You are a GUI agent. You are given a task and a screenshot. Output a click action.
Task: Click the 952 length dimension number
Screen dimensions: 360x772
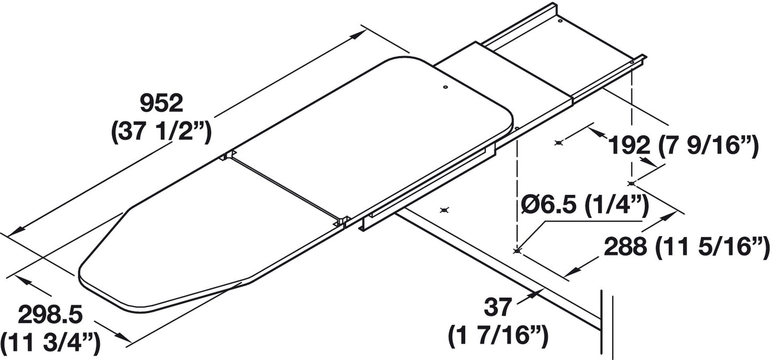click(161, 103)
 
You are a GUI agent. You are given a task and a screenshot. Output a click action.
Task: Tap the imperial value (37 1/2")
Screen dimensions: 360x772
click(161, 133)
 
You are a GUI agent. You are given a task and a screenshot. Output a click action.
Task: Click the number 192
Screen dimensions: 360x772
click(629, 144)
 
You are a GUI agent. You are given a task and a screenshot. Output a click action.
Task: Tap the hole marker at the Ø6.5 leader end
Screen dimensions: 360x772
click(517, 251)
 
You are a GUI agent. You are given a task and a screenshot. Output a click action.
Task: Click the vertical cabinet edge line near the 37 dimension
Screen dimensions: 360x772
click(603, 320)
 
